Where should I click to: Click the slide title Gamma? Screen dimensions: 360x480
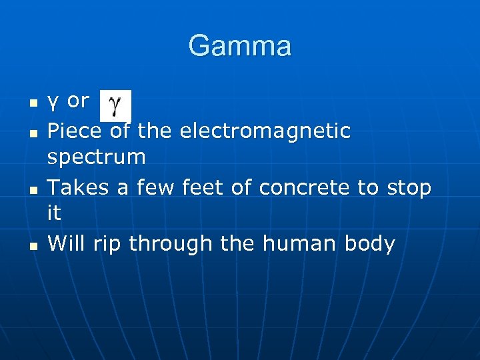(x=240, y=47)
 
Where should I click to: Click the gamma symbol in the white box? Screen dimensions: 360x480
(x=115, y=106)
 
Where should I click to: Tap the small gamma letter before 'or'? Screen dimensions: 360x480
(x=53, y=103)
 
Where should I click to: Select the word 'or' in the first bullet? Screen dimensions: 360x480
(x=78, y=101)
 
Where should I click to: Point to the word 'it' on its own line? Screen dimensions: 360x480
(x=54, y=213)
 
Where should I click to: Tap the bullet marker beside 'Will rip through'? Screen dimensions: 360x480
(x=31, y=246)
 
